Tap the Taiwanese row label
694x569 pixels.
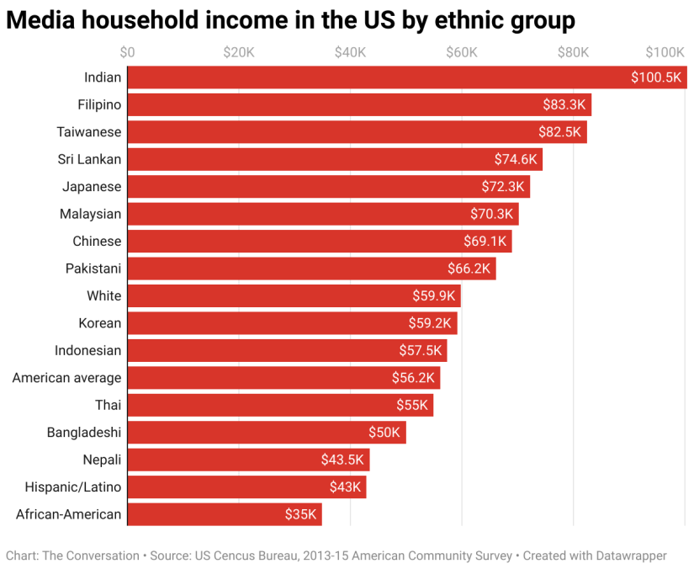pyautogui.click(x=89, y=132)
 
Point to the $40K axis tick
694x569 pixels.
pyautogui.click(x=350, y=52)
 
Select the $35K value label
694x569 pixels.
pyautogui.click(x=302, y=514)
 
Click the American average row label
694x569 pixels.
pyautogui.click(x=66, y=378)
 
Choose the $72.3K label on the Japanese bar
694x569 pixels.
pyautogui.click(x=503, y=187)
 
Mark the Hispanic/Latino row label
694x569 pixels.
pyautogui.click(x=73, y=487)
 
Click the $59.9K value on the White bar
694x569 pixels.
pyautogui.click(x=434, y=296)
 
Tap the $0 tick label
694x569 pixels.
pyautogui.click(x=127, y=52)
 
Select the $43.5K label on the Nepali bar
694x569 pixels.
pyautogui.click(x=342, y=460)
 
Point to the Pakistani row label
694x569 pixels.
pyautogui.click(x=93, y=269)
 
